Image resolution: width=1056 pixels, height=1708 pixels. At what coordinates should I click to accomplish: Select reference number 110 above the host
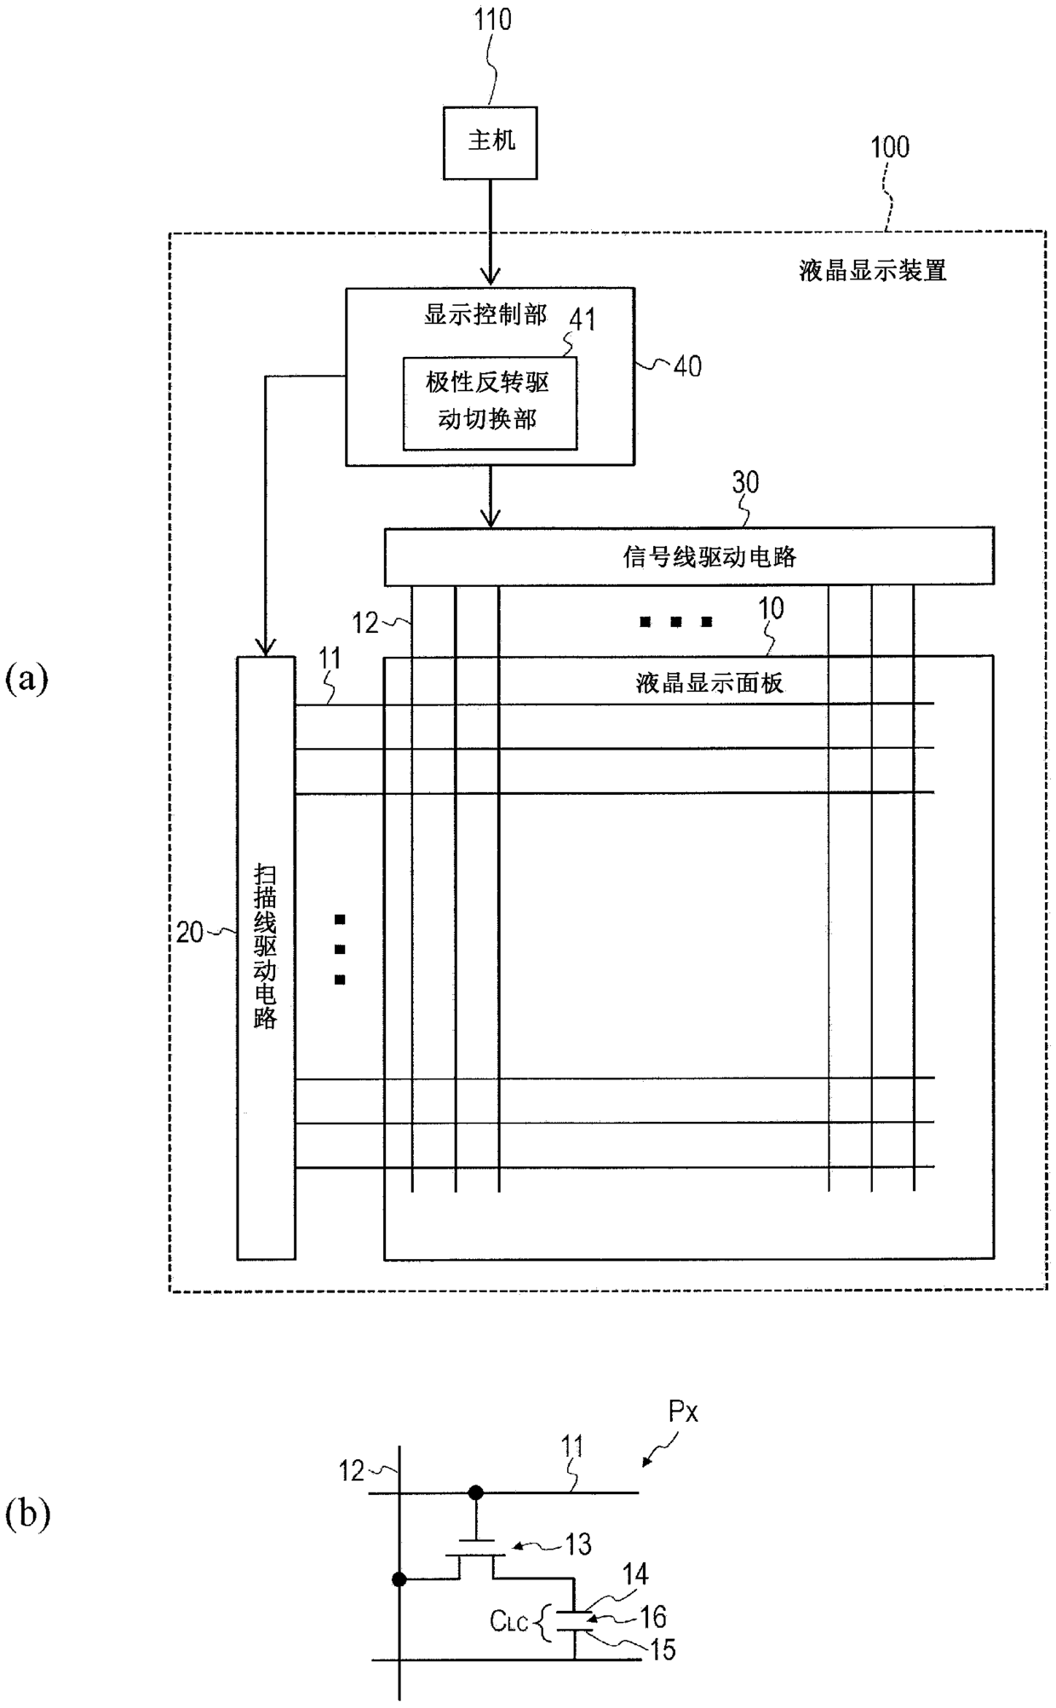click(492, 19)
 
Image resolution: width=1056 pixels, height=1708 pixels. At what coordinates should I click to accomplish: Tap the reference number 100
click(889, 147)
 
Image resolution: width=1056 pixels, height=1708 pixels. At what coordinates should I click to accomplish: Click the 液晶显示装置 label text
click(873, 271)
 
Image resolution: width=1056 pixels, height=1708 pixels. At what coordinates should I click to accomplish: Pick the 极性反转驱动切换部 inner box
click(490, 403)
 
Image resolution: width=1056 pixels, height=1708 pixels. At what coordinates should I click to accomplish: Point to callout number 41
click(583, 319)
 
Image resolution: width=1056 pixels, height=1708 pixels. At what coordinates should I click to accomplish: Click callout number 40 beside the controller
click(687, 366)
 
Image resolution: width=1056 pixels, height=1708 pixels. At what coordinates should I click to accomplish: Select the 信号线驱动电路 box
click(689, 556)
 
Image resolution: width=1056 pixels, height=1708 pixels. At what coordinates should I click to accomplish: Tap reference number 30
click(745, 482)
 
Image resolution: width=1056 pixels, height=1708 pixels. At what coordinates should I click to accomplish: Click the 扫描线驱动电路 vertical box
click(266, 957)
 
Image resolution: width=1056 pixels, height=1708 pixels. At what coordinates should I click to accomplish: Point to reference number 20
click(190, 932)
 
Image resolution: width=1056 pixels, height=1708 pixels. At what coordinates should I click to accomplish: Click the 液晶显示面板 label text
click(709, 683)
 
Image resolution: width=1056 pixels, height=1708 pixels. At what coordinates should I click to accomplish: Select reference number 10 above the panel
click(771, 608)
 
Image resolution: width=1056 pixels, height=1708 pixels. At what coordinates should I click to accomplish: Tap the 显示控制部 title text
click(485, 315)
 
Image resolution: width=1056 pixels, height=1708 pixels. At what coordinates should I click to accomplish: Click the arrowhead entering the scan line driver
click(266, 647)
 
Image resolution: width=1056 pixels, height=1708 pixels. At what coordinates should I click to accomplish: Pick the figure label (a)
click(26, 679)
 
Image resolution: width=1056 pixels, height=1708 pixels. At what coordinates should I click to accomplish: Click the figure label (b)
click(27, 1515)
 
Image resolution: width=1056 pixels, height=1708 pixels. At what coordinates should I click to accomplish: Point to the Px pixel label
click(683, 1412)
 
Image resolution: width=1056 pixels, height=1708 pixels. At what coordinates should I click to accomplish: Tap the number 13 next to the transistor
click(578, 1542)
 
